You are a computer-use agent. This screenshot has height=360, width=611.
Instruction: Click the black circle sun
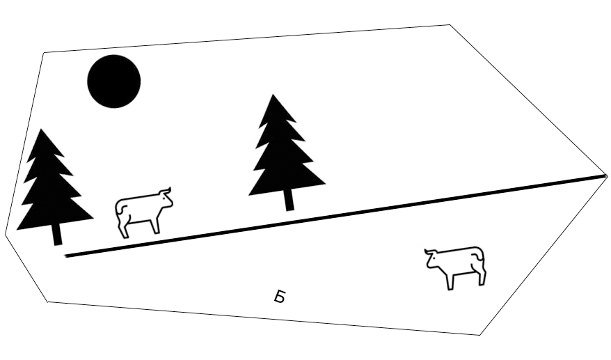[114, 81]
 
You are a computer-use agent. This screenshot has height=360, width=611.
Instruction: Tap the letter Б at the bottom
[279, 297]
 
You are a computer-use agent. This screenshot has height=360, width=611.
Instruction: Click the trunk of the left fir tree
[58, 235]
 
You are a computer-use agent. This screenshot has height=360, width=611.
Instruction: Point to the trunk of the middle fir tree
[289, 200]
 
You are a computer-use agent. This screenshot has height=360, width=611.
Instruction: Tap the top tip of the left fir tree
[41, 129]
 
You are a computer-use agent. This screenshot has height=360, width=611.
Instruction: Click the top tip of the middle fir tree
[273, 95]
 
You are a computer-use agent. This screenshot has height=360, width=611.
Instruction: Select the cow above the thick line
[144, 212]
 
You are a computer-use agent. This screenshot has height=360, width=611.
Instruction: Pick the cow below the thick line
[455, 267]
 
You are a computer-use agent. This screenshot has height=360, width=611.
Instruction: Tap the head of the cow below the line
[432, 258]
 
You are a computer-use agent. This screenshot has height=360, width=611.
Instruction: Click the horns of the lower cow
[430, 251]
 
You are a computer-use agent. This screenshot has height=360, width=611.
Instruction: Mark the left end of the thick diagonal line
[66, 256]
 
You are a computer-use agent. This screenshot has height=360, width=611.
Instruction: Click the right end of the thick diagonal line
[605, 176]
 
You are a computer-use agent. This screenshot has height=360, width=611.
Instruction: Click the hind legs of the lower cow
[479, 274]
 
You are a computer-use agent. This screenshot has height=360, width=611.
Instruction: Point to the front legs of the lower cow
[450, 280]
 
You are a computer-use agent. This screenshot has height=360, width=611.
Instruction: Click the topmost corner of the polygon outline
[450, 25]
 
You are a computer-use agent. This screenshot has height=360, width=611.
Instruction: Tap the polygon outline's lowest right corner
[479, 335]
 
